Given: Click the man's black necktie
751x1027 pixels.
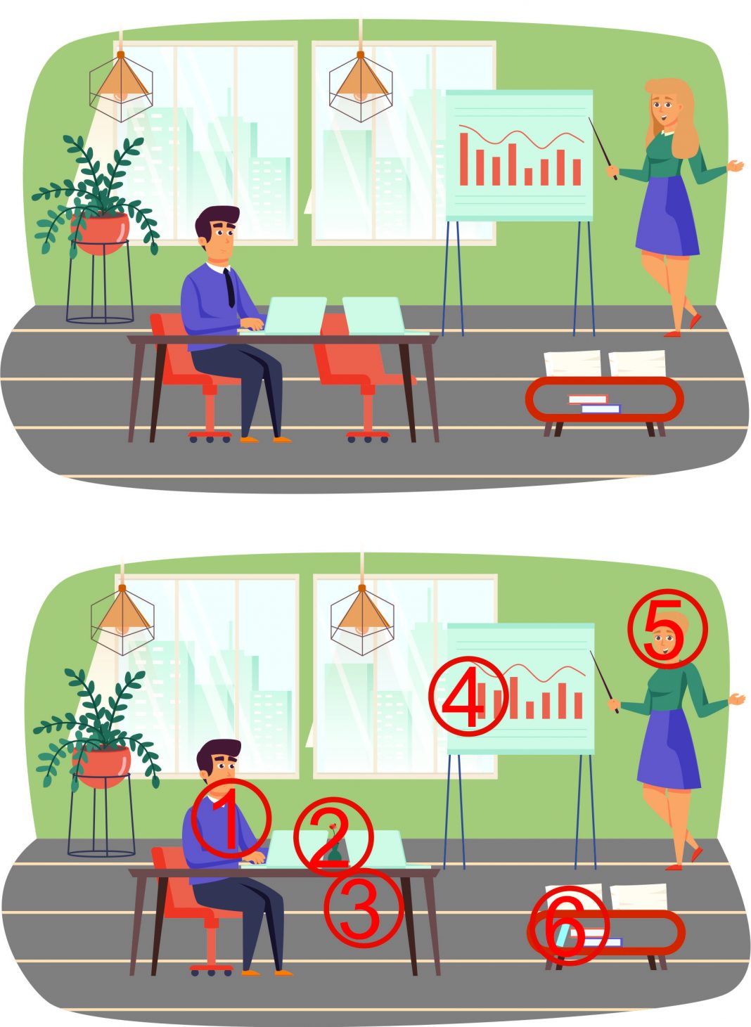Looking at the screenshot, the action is pos(230,288).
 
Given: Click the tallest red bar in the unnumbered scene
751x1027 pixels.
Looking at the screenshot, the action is pos(464,159).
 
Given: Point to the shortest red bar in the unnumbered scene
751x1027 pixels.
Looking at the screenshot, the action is pos(529,176).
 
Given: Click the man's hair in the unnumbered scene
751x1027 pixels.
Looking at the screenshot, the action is pos(217,219).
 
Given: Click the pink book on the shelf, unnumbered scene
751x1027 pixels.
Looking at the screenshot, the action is pos(588,399).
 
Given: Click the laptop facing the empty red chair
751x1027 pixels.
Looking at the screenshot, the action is pos(374,316).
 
